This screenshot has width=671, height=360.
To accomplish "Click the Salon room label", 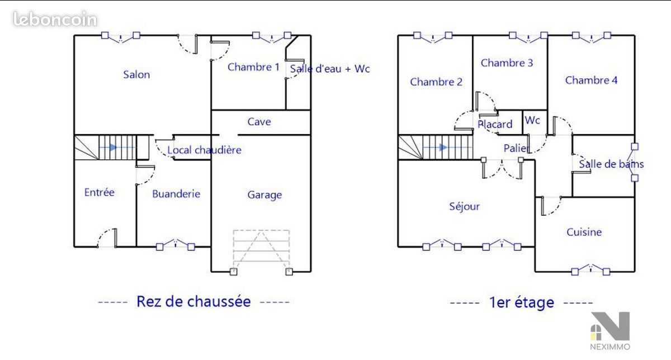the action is click(136, 74).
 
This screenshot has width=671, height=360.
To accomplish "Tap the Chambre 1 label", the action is click(253, 67).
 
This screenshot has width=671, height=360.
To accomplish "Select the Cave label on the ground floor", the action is click(259, 122).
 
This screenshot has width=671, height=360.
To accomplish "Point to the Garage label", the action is click(264, 195).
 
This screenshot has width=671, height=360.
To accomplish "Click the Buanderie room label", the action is click(176, 194).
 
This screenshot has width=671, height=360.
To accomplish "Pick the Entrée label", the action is click(99, 192).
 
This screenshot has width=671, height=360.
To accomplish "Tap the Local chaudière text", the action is click(204, 150).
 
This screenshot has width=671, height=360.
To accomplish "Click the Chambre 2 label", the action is click(436, 82).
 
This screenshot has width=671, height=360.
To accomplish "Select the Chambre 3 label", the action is click(507, 63).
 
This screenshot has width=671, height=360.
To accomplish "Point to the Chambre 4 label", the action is click(592, 80).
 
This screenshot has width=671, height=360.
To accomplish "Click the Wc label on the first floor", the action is click(532, 120).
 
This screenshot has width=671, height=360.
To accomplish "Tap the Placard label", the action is click(495, 124).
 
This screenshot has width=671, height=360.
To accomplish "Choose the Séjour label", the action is click(464, 206).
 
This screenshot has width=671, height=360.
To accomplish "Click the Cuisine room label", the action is click(584, 232).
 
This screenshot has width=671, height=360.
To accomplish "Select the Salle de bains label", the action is click(611, 164).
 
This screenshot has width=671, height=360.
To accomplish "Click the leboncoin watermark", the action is click(55, 19).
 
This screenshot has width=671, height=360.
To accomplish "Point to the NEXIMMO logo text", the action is click(610, 347).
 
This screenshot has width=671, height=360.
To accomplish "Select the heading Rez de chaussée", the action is click(193, 301).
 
